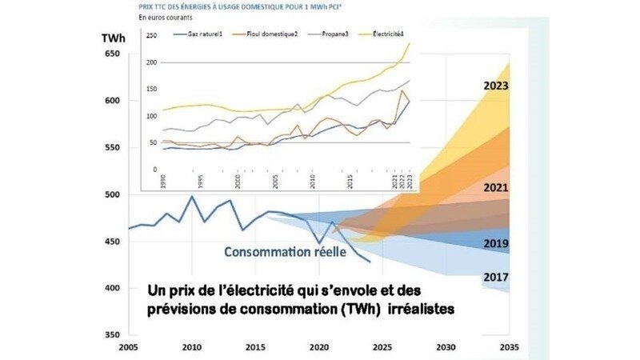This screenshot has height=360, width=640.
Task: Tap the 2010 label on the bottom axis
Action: (191, 347)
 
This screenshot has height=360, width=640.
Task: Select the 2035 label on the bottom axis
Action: (509, 347)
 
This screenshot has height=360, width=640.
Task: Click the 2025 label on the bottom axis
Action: (382, 347)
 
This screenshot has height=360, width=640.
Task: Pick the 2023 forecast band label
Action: (497, 86)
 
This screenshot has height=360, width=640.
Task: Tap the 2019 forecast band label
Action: (497, 243)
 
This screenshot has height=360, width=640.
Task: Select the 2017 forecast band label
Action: (497, 278)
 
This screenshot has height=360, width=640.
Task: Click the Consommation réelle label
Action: (284, 252)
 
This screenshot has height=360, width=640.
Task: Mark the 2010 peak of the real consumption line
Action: (192, 196)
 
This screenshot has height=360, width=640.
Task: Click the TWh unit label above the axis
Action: (111, 38)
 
